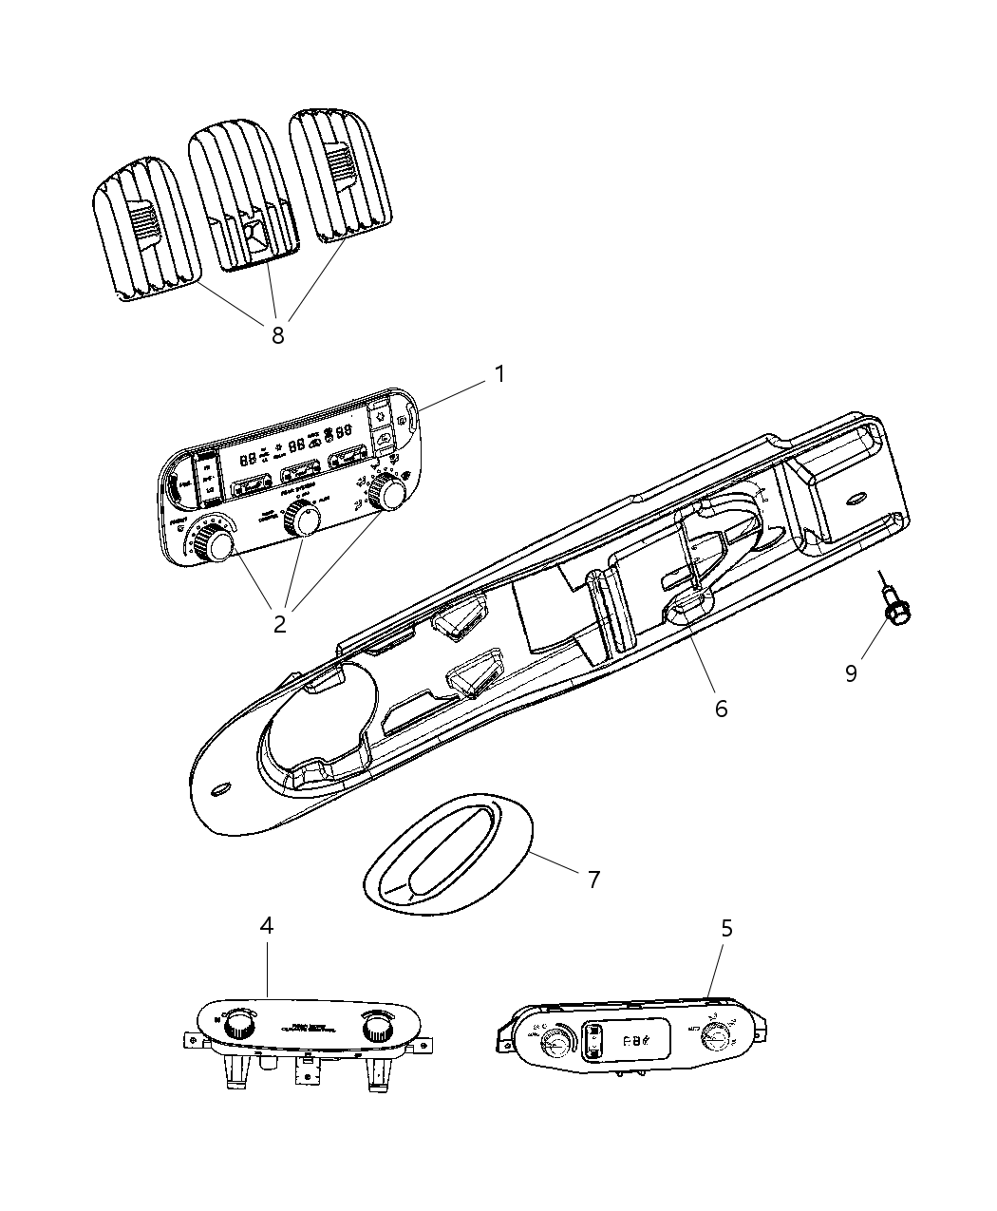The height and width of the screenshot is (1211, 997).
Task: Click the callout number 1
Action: coord(498,374)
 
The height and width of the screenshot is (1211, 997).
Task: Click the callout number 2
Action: coord(279,624)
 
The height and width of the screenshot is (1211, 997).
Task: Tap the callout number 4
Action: coord(267,925)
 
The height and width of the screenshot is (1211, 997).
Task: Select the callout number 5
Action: coord(726,928)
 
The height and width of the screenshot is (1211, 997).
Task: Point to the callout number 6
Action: coord(721,709)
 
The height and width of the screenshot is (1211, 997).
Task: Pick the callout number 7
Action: coord(593,880)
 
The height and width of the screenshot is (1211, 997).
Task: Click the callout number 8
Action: coord(277,334)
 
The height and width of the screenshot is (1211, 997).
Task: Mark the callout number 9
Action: coord(852,672)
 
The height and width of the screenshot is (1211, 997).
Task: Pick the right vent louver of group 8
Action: coord(338,171)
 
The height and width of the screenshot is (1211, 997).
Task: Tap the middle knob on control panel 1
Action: coord(304,519)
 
